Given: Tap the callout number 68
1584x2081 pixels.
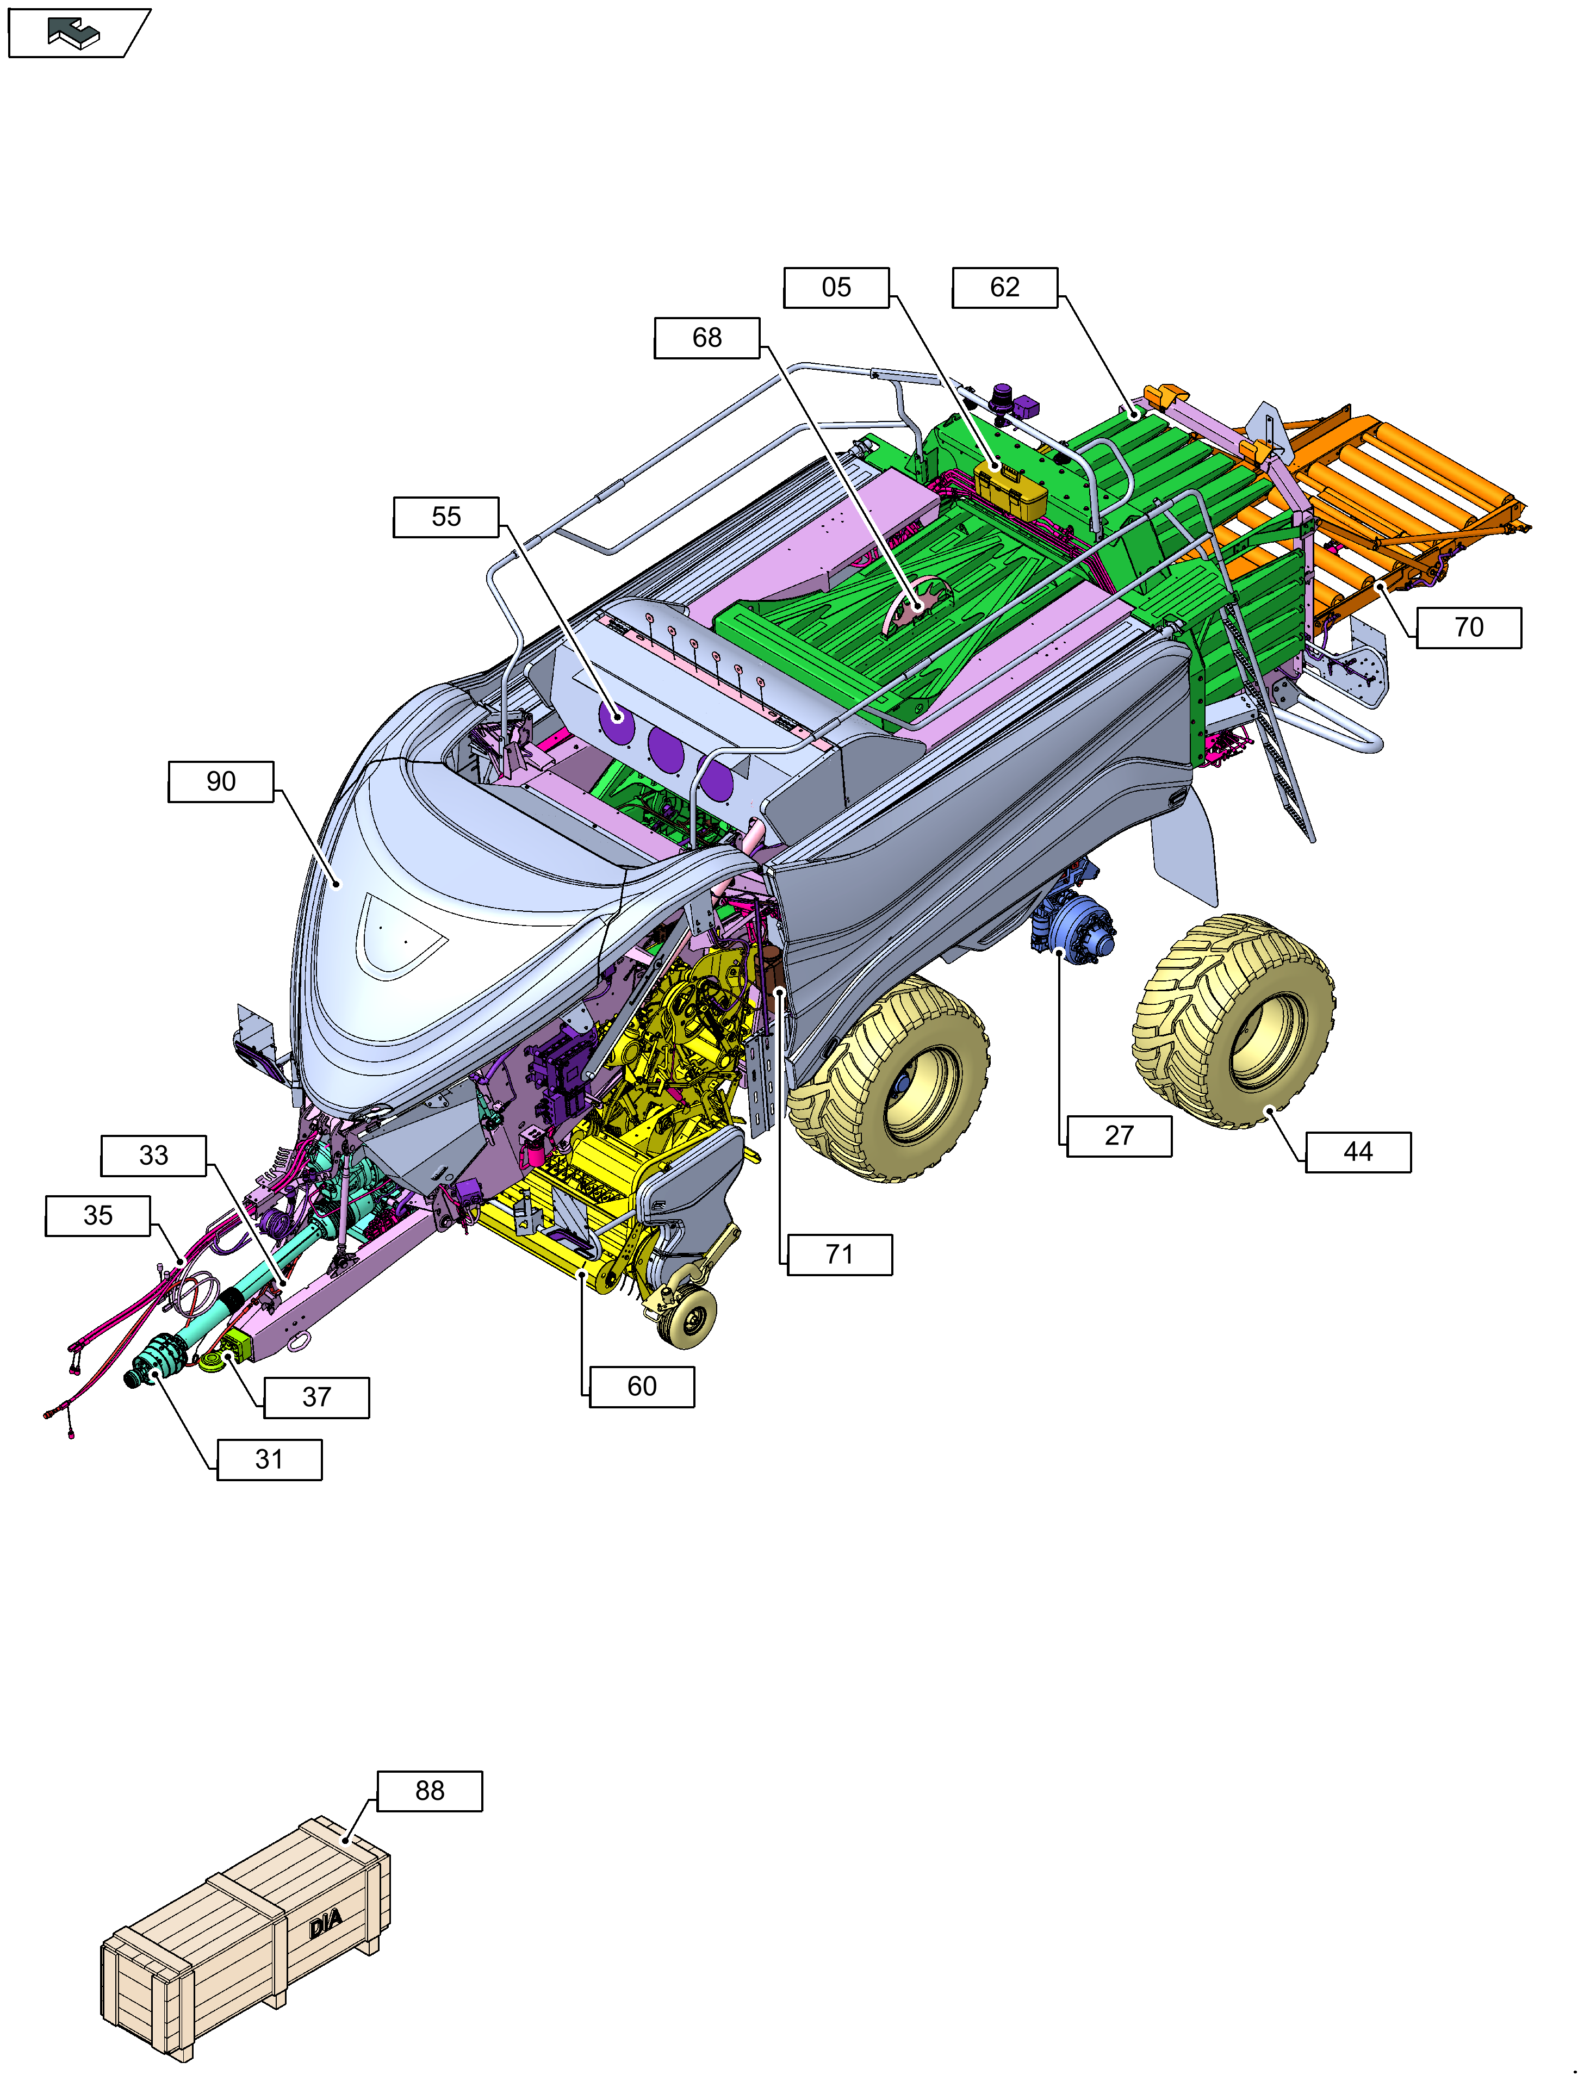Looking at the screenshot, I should tap(706, 338).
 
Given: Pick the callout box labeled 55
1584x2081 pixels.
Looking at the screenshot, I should tap(446, 517).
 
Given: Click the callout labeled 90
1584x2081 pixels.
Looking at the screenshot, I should tap(221, 782).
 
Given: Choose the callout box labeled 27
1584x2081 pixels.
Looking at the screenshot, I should tap(1119, 1135).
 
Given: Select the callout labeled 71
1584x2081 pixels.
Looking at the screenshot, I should tap(839, 1255).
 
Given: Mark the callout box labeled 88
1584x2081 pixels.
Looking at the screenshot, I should tap(430, 1791).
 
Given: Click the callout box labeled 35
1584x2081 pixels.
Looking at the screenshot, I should tap(98, 1215).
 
